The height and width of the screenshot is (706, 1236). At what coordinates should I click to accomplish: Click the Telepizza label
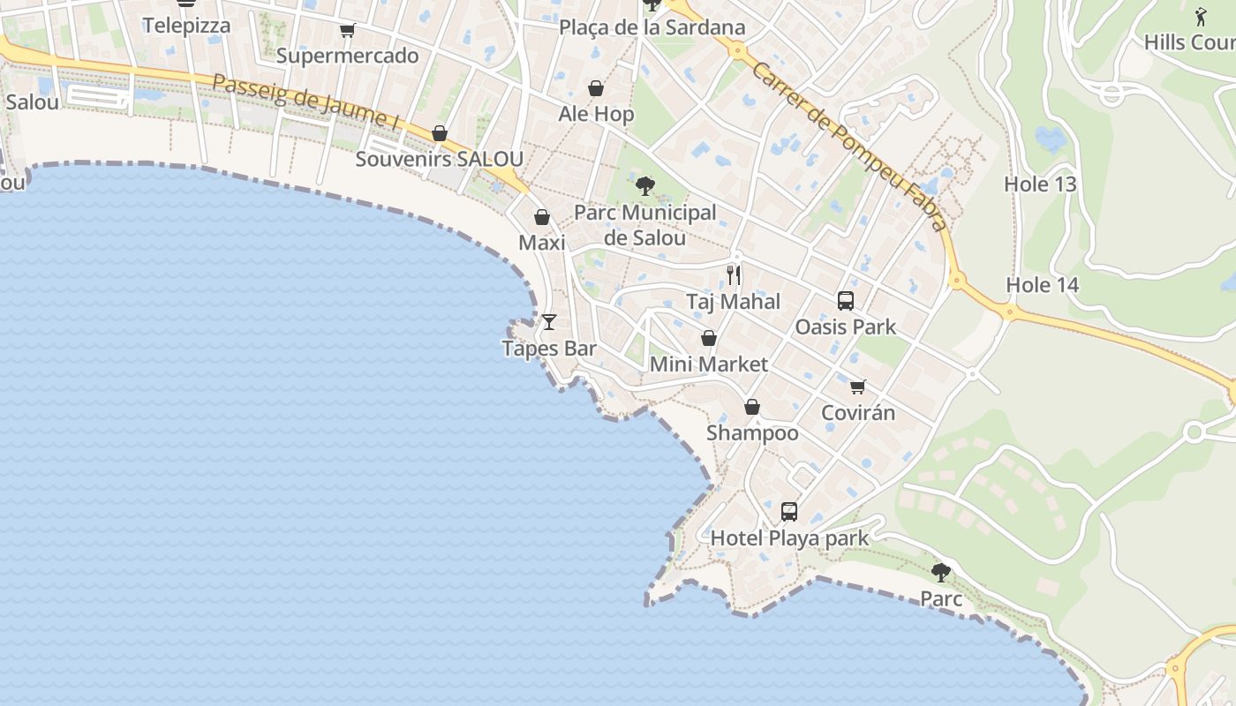(186, 26)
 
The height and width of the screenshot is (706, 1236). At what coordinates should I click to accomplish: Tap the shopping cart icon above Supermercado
(347, 31)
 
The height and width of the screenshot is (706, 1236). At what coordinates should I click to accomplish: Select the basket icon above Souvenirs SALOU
(439, 133)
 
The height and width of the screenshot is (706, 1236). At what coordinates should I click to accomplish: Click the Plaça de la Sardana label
(652, 27)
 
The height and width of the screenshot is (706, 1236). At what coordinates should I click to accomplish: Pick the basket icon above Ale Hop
(596, 88)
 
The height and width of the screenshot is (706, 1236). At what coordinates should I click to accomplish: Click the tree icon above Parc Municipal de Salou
(645, 186)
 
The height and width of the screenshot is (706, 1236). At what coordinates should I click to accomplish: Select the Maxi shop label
(541, 242)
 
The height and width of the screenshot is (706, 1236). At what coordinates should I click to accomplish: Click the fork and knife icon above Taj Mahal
(734, 275)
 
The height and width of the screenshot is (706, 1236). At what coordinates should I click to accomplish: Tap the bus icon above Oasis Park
(845, 301)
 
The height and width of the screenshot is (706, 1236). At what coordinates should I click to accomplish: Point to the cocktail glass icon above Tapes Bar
(549, 322)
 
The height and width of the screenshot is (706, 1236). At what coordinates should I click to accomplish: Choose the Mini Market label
(708, 364)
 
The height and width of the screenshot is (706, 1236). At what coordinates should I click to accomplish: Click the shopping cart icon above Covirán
(857, 387)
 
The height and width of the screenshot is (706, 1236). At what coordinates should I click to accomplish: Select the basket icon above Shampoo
(752, 407)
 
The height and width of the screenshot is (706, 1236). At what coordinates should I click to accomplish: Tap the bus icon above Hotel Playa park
(788, 512)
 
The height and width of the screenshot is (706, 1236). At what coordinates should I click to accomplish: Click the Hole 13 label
(1040, 184)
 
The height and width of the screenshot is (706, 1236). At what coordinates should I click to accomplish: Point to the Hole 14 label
(1042, 285)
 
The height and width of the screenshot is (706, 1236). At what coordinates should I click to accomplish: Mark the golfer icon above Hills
(1200, 16)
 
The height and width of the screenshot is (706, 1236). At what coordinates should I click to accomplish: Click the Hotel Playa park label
(789, 538)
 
